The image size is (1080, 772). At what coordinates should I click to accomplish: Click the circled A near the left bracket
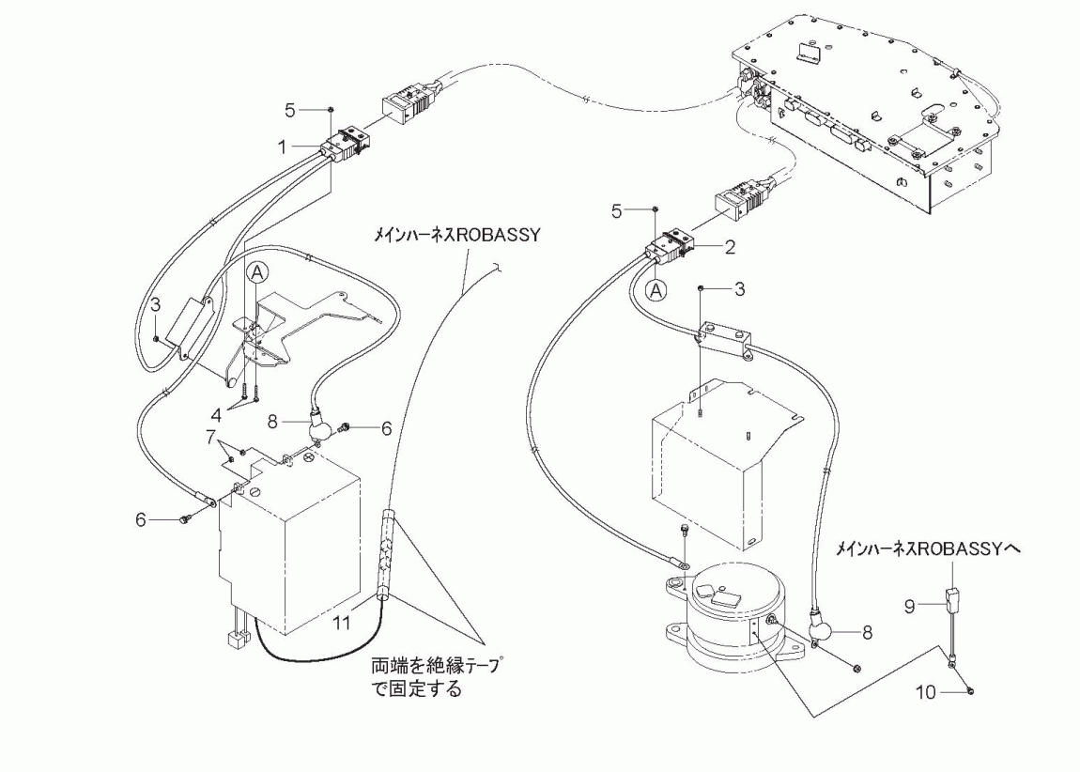(260, 273)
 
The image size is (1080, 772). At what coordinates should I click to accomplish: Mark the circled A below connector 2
(658, 290)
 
